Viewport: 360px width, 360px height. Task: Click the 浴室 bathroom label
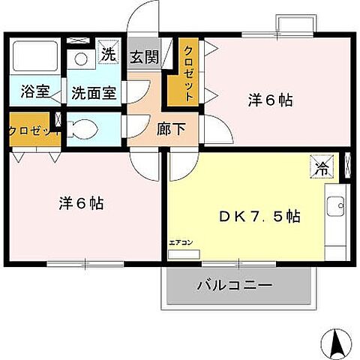click(x=35, y=93)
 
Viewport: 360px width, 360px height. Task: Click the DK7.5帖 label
click(x=259, y=217)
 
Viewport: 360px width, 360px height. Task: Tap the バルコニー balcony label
click(x=235, y=286)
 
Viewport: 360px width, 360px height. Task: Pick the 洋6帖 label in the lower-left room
click(x=81, y=202)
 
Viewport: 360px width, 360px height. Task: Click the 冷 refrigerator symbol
click(x=319, y=167)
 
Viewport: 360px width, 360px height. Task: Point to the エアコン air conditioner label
click(x=179, y=241)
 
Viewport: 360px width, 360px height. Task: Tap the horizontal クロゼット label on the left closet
click(x=29, y=130)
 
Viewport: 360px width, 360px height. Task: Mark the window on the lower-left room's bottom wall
click(x=85, y=263)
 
